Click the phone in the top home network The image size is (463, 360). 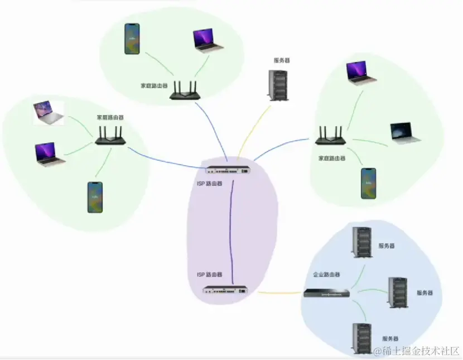(132, 39)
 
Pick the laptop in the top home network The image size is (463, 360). (208, 40)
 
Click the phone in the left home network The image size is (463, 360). (95, 196)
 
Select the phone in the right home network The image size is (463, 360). (368, 183)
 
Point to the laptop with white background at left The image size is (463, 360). (49, 113)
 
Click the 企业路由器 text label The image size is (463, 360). (326, 275)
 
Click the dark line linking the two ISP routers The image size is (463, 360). (229, 229)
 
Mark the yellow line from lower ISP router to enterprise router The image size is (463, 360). (279, 292)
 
